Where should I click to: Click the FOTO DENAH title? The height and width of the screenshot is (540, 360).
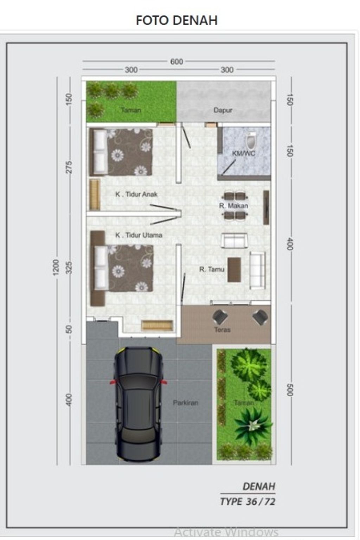[176, 20]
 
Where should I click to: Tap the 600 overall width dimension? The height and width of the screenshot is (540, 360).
[176, 62]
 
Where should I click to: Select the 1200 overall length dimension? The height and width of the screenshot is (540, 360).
[56, 267]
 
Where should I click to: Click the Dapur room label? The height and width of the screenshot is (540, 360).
[223, 110]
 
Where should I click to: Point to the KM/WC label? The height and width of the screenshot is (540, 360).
[244, 154]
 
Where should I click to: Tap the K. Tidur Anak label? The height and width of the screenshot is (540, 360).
[136, 194]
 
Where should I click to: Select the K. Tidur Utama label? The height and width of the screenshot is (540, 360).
[139, 235]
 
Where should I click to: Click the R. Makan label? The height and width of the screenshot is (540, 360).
[233, 206]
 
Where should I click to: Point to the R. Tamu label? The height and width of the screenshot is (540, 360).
[212, 269]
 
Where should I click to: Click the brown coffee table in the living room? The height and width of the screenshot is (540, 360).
[234, 270]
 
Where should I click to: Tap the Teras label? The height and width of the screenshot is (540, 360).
[222, 330]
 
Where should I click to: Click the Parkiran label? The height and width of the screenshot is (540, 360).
[185, 403]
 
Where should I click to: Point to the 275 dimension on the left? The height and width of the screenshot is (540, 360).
[69, 167]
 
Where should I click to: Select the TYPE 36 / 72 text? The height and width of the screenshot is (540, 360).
[247, 501]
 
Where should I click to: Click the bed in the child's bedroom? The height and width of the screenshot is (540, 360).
[121, 152]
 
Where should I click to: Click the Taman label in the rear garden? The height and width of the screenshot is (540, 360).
[131, 110]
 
